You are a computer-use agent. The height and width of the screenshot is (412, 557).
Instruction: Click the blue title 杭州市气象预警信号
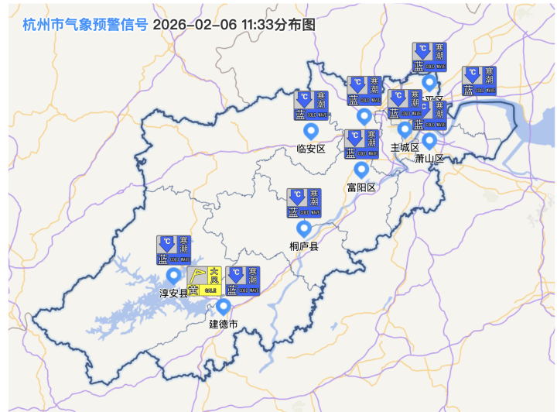pyautogui.click(x=85, y=24)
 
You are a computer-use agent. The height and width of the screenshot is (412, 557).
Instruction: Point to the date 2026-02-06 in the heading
pyautogui.click(x=194, y=24)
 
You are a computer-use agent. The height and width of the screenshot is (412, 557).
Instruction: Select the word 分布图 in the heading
pyautogui.click(x=297, y=24)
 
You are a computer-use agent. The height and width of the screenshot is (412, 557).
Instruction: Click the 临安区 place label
pyautogui.click(x=312, y=149)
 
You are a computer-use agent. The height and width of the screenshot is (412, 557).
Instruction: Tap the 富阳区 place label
pyautogui.click(x=361, y=187)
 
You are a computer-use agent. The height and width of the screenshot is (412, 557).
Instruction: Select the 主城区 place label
pyautogui.click(x=404, y=147)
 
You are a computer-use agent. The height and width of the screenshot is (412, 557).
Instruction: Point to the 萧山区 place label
pyautogui.click(x=429, y=159)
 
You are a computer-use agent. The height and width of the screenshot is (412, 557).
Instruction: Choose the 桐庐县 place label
pyautogui.click(x=304, y=246)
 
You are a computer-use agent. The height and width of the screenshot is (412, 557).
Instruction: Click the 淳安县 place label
pyautogui.click(x=173, y=294)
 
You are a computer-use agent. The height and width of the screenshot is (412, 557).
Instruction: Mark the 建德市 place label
pyautogui.click(x=224, y=324)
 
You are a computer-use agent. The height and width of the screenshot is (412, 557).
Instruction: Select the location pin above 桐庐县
pyautogui.click(x=304, y=229)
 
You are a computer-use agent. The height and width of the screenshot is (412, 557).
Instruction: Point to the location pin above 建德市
pyautogui.click(x=224, y=307)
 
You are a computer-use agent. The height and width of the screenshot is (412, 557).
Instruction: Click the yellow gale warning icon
pyautogui.click(x=204, y=280)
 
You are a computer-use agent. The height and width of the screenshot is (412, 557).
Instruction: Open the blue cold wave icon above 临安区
pyautogui.click(x=312, y=105)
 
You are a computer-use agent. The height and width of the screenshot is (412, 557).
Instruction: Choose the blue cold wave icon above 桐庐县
pyautogui.click(x=304, y=203)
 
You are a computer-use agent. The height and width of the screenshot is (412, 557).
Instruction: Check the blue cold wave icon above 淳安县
pyautogui.click(x=173, y=250)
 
